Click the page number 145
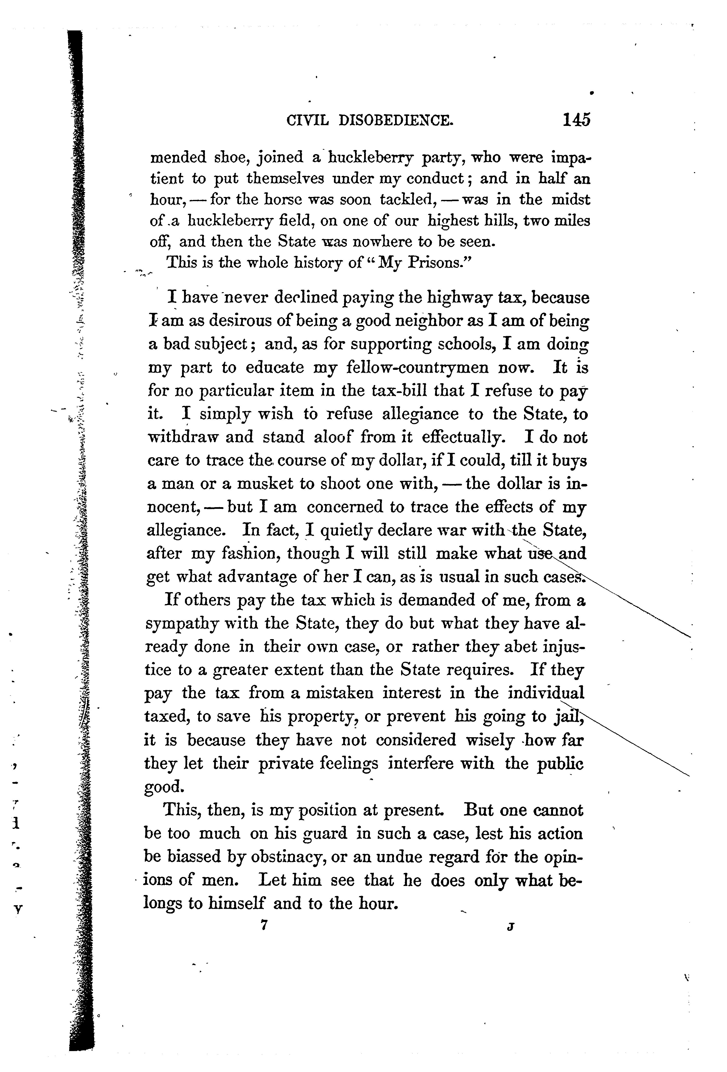point(576,120)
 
